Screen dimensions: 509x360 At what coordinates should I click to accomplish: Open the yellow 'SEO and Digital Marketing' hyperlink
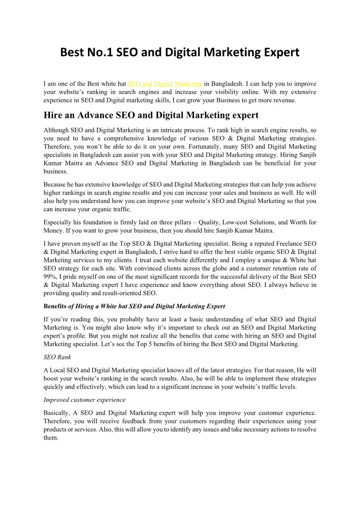pos(165,84)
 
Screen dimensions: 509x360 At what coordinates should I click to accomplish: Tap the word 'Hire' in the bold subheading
pos(53,115)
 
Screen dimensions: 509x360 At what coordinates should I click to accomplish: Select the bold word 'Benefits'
pos(55,306)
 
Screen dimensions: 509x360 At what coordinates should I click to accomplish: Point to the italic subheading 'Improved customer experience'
pos(84,400)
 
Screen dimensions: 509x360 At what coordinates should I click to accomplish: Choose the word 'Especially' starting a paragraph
pos(58,223)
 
